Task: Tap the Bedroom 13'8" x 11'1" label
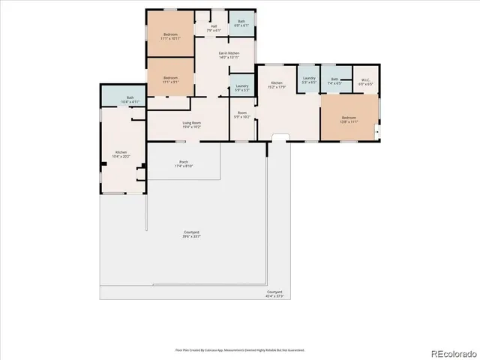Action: pos(349,119)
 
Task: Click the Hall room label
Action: pos(214,28)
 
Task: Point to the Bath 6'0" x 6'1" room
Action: pos(241,23)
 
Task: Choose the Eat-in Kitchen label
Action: pos(229,55)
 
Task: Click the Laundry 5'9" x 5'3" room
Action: pos(241,88)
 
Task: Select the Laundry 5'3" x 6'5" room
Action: pos(309,79)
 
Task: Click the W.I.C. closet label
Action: pos(366,81)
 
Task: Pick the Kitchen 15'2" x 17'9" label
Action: pos(277,84)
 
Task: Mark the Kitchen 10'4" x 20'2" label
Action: pos(121,154)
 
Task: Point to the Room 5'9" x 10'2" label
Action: pos(241,116)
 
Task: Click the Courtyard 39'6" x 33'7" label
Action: pos(192,234)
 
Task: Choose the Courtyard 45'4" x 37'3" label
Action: pos(274,294)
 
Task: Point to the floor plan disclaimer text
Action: pos(240,349)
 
